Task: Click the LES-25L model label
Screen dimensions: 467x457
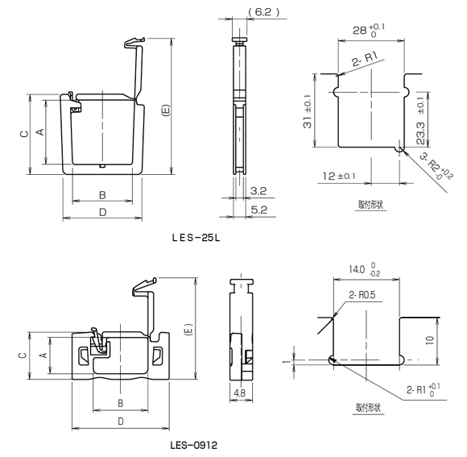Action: pos(196,238)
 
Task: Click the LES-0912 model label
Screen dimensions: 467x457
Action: pos(193,446)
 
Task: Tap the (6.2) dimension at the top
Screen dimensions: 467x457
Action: pos(264,12)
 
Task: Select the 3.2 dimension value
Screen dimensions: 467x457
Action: pos(258,191)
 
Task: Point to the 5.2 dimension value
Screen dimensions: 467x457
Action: pos(258,210)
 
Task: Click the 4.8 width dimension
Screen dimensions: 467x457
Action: pos(240,393)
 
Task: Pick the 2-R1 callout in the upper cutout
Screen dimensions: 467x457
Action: pos(365,59)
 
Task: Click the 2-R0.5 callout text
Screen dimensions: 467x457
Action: pos(362,295)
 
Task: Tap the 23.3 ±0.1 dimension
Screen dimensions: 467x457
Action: pos(420,121)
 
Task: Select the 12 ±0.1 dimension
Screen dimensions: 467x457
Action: pos(339,176)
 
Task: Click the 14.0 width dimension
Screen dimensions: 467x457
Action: pos(364,269)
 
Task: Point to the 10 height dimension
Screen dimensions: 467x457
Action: pos(430,340)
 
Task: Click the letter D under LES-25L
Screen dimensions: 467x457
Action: pos(103,212)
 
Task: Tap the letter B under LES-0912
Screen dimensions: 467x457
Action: pos(120,403)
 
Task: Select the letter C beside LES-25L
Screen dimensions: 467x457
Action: pos(24,134)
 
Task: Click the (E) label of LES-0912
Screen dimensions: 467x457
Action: pos(189,330)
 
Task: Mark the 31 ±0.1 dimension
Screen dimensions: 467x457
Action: pos(308,111)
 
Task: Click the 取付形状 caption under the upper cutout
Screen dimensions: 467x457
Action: pos(370,205)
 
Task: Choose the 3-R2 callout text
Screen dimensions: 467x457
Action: pos(436,167)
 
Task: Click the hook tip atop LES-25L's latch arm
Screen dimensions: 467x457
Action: pos(143,39)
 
